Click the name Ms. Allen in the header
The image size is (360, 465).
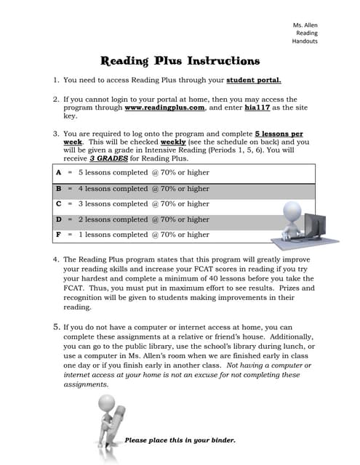305,25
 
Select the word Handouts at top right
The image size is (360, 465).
305,41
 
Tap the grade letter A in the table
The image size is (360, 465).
57,173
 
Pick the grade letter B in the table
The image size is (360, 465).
57,188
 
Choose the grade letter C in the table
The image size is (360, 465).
57,204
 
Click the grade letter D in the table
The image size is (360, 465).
57,219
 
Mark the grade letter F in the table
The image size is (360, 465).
57,235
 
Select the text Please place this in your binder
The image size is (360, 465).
180,440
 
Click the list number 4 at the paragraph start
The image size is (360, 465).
56,259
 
